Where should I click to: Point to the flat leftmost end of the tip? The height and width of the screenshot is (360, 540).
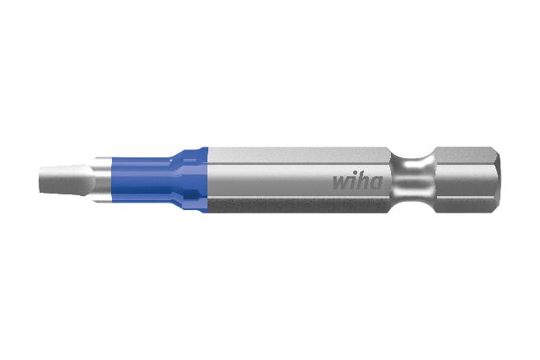click(x=40, y=180)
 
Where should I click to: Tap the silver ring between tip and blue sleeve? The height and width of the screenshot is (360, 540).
click(x=100, y=179)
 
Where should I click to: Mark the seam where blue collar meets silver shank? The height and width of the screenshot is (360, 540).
click(x=207, y=179)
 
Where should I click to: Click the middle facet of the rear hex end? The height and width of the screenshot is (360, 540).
click(x=465, y=179)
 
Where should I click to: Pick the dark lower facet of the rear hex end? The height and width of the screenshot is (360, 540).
click(x=465, y=203)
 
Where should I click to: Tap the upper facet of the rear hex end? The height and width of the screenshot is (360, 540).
click(x=465, y=154)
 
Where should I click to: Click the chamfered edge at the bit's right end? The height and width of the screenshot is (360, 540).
click(x=496, y=179)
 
